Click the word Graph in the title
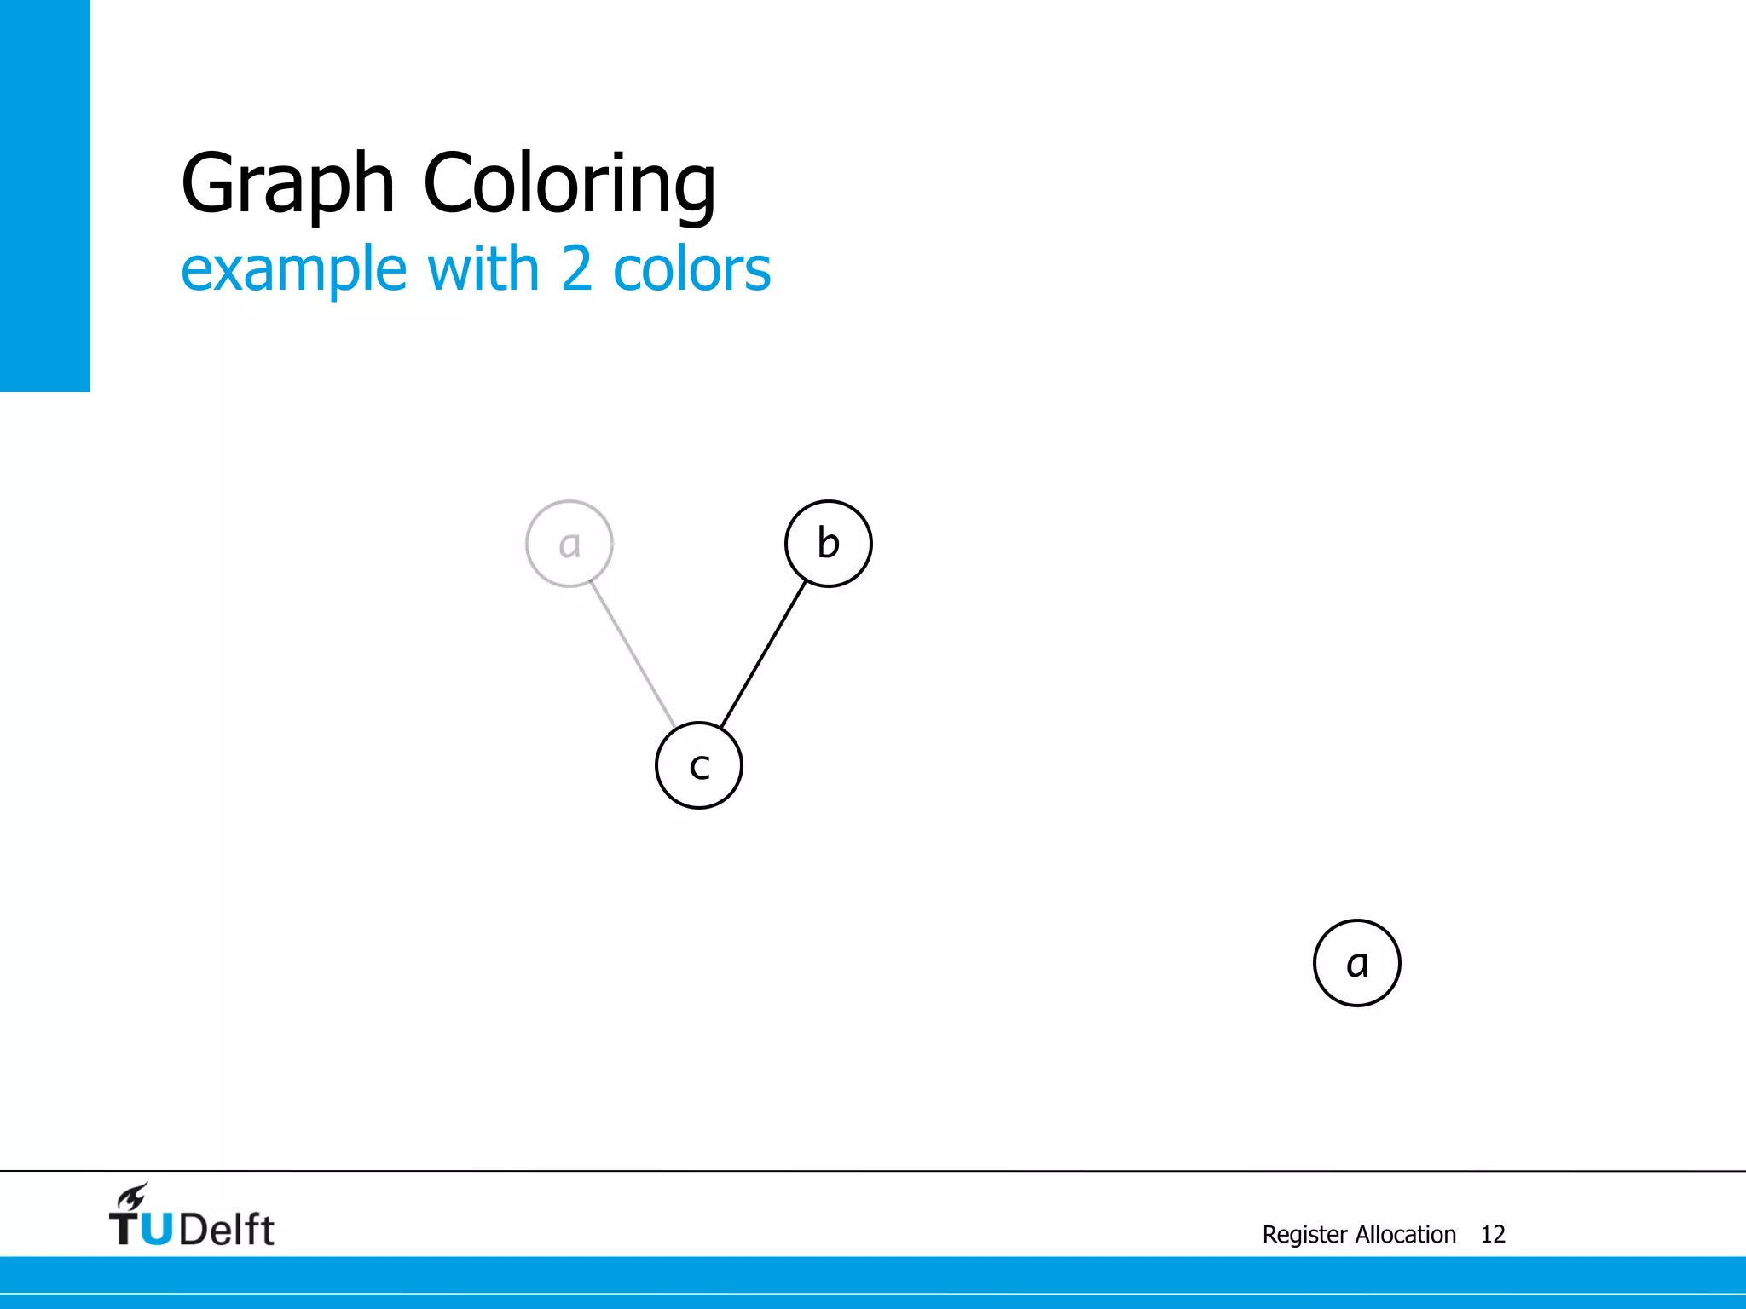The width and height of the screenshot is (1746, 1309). [x=287, y=183]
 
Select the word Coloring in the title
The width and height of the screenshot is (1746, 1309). [x=569, y=183]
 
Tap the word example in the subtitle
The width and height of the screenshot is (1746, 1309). [x=294, y=269]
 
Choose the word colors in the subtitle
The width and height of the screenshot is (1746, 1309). [x=691, y=269]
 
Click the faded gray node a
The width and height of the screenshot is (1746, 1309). [x=569, y=544]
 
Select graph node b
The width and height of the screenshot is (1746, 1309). [x=828, y=544]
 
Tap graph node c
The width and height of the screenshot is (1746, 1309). [x=699, y=765]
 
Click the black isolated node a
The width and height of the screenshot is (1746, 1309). [x=1356, y=963]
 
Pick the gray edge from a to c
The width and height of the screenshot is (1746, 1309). [x=633, y=654]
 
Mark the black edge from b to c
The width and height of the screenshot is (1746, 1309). [x=764, y=654]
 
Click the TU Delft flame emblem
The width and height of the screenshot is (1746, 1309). [x=133, y=1197]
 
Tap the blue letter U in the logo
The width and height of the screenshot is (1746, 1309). [x=156, y=1230]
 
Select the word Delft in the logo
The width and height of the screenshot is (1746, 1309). [x=227, y=1230]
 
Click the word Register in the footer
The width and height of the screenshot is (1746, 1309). [x=1304, y=1234]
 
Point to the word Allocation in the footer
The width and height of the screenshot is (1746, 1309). [x=1406, y=1234]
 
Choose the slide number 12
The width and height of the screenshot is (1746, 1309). [x=1493, y=1234]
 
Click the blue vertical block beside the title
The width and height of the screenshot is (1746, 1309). [x=44, y=196]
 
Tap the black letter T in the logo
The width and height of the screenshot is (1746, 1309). [x=124, y=1230]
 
